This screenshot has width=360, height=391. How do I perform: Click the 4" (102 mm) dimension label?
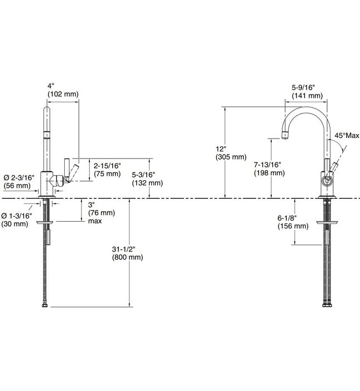(63, 90)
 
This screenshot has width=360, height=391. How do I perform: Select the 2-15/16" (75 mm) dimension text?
(107, 170)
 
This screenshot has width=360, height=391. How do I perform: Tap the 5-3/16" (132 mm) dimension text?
(147, 178)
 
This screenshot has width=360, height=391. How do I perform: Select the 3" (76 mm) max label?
(101, 212)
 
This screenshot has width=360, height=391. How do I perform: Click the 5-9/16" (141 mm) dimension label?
(307, 92)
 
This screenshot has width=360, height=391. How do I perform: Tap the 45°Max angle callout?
(347, 136)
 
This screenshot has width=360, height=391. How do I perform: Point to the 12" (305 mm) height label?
(230, 153)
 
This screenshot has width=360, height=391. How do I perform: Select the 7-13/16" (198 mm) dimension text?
(267, 169)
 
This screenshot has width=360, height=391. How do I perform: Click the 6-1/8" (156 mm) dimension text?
(292, 222)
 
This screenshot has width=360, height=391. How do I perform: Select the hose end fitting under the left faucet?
(45, 306)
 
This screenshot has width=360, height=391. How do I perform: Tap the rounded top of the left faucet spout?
(47, 109)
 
